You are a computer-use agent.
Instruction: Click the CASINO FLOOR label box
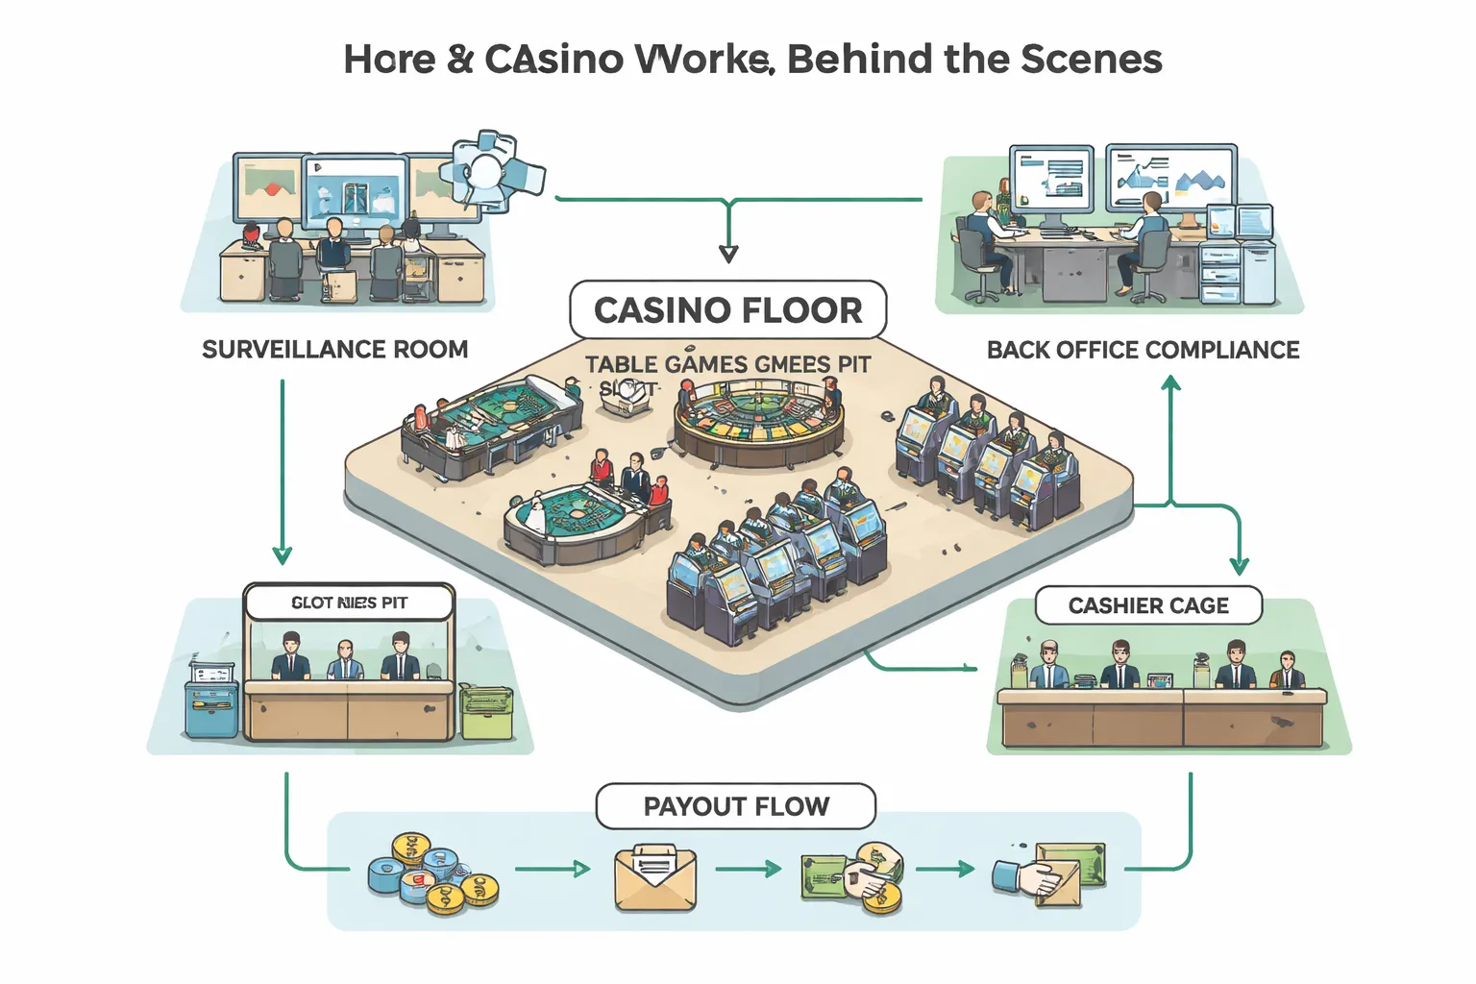click(x=727, y=310)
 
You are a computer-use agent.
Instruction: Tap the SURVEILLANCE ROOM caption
click(x=334, y=349)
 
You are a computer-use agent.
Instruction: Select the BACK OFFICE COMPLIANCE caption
click(x=1143, y=350)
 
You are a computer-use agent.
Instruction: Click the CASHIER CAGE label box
click(x=1148, y=605)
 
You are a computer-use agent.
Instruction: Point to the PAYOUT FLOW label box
click(x=735, y=806)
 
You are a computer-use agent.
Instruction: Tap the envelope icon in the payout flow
click(x=655, y=876)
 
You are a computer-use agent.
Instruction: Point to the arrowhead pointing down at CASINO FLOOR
click(x=728, y=254)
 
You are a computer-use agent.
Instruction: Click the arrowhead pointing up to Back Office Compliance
click(x=1170, y=382)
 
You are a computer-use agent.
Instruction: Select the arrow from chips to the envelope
click(x=553, y=870)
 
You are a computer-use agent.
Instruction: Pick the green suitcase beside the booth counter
click(x=486, y=711)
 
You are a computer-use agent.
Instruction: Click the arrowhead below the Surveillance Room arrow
click(x=282, y=555)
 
